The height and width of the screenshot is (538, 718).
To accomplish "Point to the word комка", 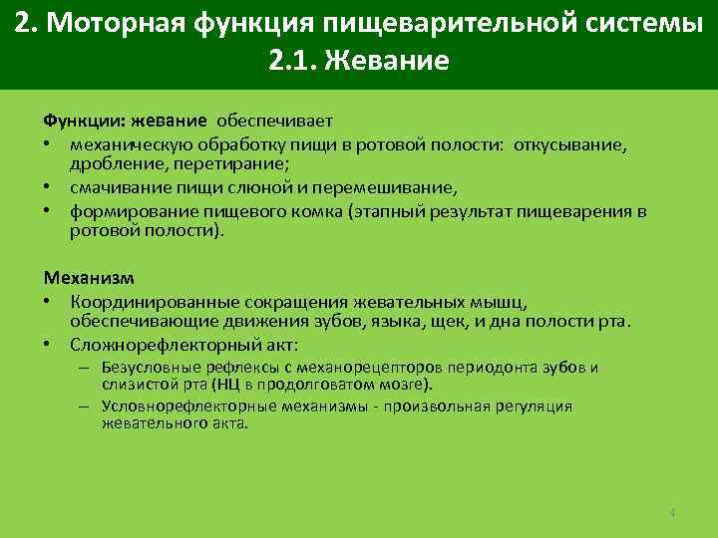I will coord(340,211).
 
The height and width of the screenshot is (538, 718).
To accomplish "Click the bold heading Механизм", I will coord(88,277).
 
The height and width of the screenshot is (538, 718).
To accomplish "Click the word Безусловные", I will coord(148,367).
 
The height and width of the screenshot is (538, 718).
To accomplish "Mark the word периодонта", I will coord(494,367).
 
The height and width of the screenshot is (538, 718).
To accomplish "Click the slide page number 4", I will coord(672,513).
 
